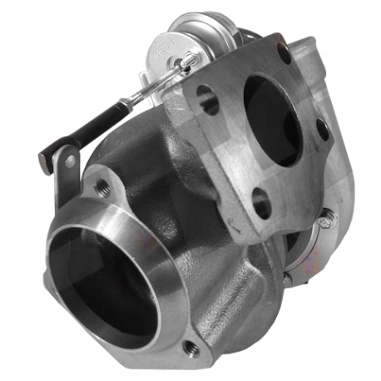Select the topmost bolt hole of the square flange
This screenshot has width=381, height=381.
pos(284,57)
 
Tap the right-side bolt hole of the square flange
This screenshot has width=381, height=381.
pos(322,130)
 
